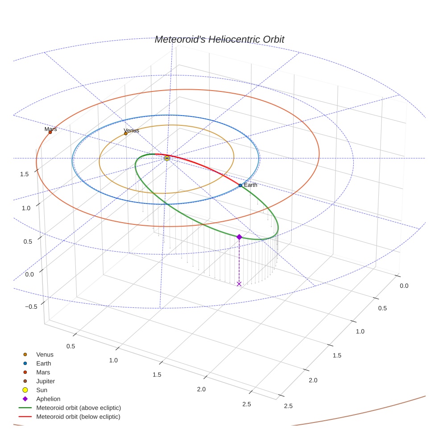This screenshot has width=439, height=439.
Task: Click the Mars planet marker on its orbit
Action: point(50,132)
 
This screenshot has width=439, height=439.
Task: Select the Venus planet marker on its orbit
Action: point(126,133)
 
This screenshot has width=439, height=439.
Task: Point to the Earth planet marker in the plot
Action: point(240,185)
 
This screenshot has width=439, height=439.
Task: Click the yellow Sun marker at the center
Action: point(167,158)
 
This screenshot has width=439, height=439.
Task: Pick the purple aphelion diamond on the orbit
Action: point(239,237)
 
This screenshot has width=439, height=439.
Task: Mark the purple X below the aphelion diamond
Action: point(239,284)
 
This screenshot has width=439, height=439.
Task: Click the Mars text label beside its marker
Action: point(51,129)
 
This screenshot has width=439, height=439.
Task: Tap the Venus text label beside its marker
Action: point(132,130)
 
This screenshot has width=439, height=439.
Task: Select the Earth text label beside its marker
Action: point(251,185)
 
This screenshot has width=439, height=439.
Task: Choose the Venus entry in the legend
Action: point(45,355)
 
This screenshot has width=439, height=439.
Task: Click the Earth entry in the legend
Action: point(43,364)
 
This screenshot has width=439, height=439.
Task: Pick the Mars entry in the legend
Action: point(43,373)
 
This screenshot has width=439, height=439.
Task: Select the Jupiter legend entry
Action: point(46,381)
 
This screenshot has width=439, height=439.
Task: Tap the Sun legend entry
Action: point(41,390)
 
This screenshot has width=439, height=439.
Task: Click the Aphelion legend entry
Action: point(48,399)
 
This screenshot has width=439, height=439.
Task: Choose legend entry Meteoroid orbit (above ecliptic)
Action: point(79,408)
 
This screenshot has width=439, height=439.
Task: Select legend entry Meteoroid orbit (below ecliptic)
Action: point(78,417)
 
